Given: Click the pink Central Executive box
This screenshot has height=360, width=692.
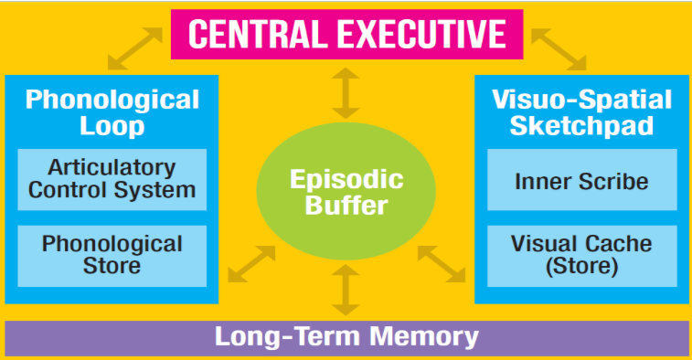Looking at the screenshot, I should click(x=346, y=33).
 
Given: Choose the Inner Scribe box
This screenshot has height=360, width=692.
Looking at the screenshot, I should click(x=581, y=181).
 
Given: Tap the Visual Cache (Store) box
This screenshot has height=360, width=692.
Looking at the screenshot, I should click(x=581, y=255).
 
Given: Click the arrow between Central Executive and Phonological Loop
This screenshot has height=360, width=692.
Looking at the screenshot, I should click(x=134, y=50).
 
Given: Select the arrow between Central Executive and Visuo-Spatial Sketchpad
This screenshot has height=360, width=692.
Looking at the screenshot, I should click(x=558, y=50).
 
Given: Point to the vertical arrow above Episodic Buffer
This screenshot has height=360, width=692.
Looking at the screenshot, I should click(x=346, y=91).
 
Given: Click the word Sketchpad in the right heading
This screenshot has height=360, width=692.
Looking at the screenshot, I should click(x=581, y=125).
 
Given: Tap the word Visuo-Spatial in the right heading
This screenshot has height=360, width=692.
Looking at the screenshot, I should click(x=581, y=99).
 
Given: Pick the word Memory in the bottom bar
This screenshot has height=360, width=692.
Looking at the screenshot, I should click(x=428, y=336).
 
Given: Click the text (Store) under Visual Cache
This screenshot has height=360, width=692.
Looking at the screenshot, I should click(x=581, y=267).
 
